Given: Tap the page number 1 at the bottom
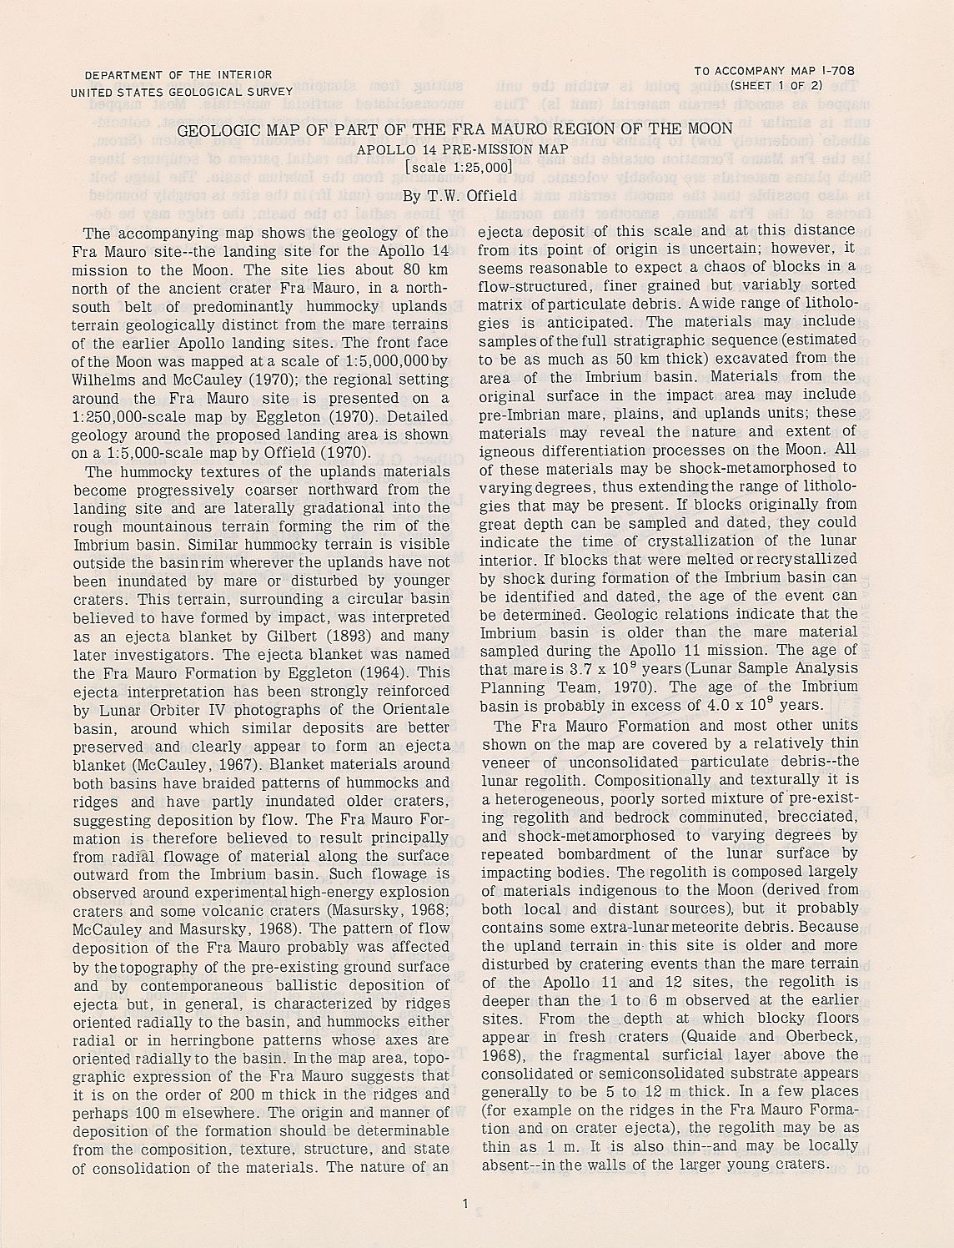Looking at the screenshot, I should point(464,1202).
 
